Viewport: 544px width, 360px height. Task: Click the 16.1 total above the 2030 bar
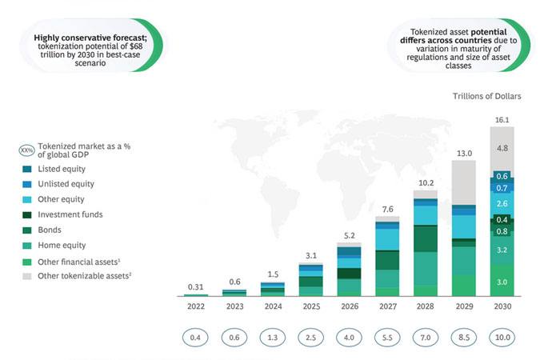click(502, 120)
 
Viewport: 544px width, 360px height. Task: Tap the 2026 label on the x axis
click(350, 306)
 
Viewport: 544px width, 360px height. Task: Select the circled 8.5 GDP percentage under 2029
click(464, 338)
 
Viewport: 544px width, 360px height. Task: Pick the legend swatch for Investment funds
click(27, 214)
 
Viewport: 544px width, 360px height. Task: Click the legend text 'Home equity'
click(62, 246)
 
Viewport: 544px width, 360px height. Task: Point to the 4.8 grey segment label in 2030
click(502, 149)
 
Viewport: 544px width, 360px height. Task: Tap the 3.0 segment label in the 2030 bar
click(502, 282)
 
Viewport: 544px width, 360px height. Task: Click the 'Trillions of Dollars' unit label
click(486, 96)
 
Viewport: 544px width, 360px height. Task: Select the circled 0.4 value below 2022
click(195, 338)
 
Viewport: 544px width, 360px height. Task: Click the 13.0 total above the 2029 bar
click(464, 154)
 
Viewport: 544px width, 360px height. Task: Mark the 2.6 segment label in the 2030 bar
click(502, 203)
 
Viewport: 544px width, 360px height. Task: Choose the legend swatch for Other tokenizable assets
click(27, 276)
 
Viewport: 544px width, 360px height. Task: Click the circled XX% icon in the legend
click(26, 150)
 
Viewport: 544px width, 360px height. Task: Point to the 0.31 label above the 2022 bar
click(196, 287)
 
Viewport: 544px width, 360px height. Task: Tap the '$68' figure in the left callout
click(136, 46)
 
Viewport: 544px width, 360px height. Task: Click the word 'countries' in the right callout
click(475, 40)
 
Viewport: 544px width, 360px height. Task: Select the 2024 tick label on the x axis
click(273, 306)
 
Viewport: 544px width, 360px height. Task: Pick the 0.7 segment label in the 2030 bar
click(502, 188)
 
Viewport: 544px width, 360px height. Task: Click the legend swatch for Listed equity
click(27, 169)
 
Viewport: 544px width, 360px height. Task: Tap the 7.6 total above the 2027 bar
click(387, 209)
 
